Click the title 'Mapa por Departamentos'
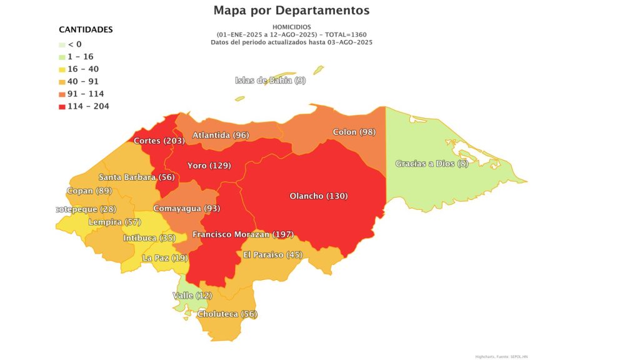click(291, 11)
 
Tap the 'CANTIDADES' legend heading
click(86, 29)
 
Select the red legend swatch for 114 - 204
click(62, 106)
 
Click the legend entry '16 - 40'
click(83, 69)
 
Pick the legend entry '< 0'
click(74, 44)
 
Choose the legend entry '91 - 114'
click(86, 94)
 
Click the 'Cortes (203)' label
click(159, 141)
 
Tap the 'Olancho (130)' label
click(319, 196)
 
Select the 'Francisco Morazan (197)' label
click(243, 234)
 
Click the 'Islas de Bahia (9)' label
click(271, 80)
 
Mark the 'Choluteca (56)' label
click(227, 314)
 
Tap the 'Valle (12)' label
click(192, 295)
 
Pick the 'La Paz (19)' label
click(165, 257)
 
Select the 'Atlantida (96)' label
click(221, 135)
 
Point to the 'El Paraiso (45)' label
click(272, 254)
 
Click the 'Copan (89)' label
click(88, 191)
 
